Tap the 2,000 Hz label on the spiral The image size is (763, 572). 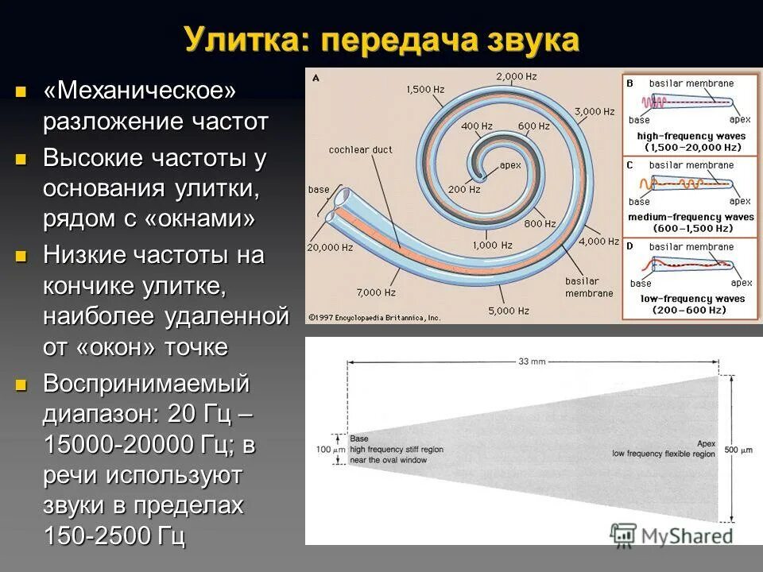click(x=517, y=76)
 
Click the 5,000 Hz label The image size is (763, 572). click(x=509, y=310)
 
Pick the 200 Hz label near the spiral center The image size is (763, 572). click(x=464, y=190)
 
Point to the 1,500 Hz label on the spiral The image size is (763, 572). click(x=424, y=90)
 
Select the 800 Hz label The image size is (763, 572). click(x=540, y=224)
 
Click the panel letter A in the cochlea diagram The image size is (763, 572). click(x=316, y=78)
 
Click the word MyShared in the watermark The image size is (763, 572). click(x=688, y=535)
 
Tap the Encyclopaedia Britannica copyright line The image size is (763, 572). click(x=374, y=317)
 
